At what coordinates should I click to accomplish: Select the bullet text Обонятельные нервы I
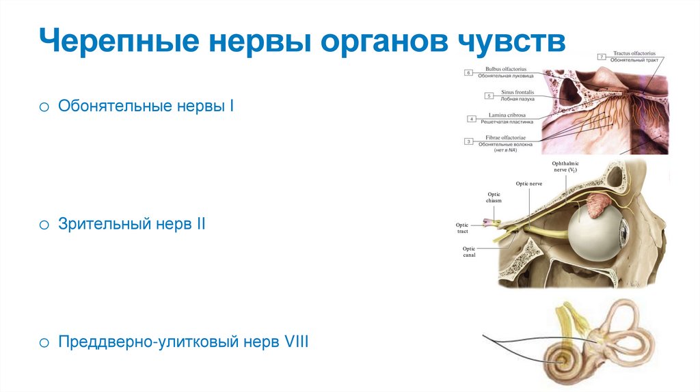146,106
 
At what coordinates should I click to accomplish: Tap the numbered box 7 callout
601,56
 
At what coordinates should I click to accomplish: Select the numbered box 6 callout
468,72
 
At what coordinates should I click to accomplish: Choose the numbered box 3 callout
468,141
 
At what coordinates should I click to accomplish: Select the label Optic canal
469,251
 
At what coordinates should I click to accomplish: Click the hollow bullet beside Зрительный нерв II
43,224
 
